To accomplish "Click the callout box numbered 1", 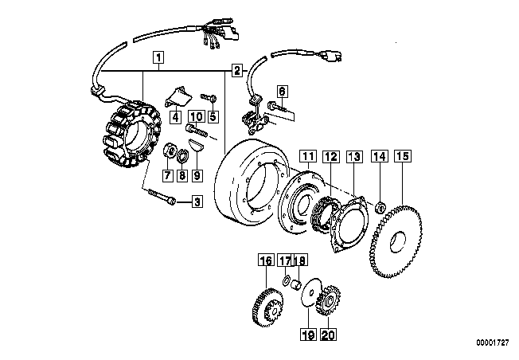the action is pyautogui.click(x=158, y=57).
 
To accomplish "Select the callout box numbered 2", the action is pyautogui.click(x=236, y=71).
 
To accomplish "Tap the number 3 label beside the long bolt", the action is pyautogui.click(x=197, y=201).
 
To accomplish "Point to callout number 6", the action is pyautogui.click(x=282, y=92).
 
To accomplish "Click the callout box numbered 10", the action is pyautogui.click(x=197, y=116).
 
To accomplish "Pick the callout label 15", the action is pyautogui.click(x=403, y=156).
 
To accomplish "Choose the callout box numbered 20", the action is pyautogui.click(x=328, y=335).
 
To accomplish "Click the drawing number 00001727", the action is pyautogui.click(x=492, y=342).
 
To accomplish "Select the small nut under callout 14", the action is pyautogui.click(x=380, y=208).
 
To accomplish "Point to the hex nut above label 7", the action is pyautogui.click(x=170, y=151).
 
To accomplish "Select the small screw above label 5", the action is pyautogui.click(x=209, y=97).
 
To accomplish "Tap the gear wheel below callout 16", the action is pyautogui.click(x=267, y=307).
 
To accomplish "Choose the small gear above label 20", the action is pyautogui.click(x=329, y=301).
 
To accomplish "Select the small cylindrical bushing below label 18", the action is pyautogui.click(x=295, y=284).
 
